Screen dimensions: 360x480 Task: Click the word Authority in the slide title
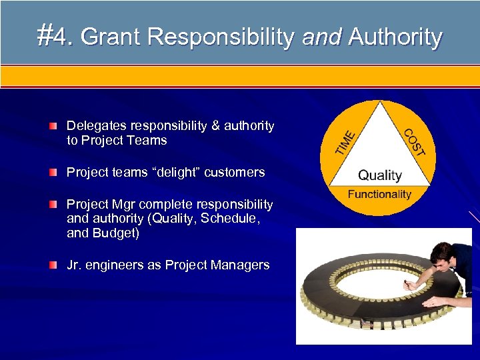[395, 37]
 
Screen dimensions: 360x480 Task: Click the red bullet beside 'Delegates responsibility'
[53, 126]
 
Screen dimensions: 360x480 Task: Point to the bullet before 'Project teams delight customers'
[53, 173]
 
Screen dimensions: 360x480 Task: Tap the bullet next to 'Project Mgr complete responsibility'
[53, 204]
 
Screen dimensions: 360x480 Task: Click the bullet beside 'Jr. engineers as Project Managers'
[53, 265]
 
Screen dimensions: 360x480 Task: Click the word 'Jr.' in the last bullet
[75, 265]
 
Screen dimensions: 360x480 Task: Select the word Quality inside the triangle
[380, 175]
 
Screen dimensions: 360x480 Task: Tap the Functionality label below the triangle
[380, 194]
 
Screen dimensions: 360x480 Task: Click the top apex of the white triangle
[380, 103]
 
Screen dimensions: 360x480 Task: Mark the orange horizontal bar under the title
[240, 77]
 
